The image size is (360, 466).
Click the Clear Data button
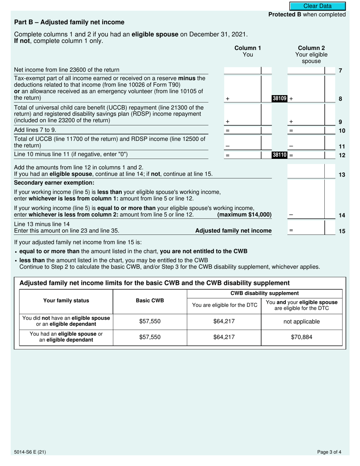(318, 6)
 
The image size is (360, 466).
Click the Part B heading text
(69, 22)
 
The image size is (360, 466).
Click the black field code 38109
(280, 99)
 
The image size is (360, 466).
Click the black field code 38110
(280, 155)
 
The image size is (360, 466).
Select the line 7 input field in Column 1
(243, 70)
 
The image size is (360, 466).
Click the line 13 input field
(306, 171)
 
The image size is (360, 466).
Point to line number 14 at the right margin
(341, 215)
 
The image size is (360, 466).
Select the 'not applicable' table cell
(302, 322)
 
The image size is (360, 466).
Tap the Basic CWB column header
(150, 301)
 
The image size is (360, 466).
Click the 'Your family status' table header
(66, 301)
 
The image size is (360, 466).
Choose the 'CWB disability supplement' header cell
(265, 293)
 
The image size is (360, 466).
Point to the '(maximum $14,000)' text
(244, 215)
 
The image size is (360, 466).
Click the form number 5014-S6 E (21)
(31, 452)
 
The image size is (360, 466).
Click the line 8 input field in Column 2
(306, 89)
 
